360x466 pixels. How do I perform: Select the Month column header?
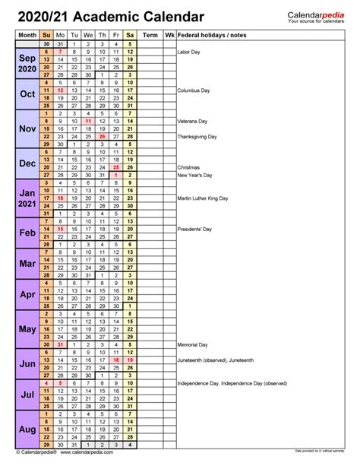click(x=27, y=35)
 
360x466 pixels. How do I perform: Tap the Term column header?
click(x=150, y=35)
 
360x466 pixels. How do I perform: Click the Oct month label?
click(x=27, y=94)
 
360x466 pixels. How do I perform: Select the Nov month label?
click(x=27, y=128)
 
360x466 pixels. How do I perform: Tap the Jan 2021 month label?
click(x=27, y=199)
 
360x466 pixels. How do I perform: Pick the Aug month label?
click(x=27, y=430)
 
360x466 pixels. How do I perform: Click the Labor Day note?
click(x=188, y=52)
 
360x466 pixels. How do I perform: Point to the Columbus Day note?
click(x=193, y=90)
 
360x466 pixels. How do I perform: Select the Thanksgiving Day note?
click(x=197, y=137)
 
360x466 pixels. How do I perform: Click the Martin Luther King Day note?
click(x=205, y=198)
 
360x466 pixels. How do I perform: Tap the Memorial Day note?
click(x=192, y=344)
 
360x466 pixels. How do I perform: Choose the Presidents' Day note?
click(x=194, y=228)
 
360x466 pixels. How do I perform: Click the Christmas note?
click(x=188, y=166)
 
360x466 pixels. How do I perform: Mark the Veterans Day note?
click(x=192, y=121)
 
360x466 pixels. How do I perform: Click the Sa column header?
click(x=130, y=35)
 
